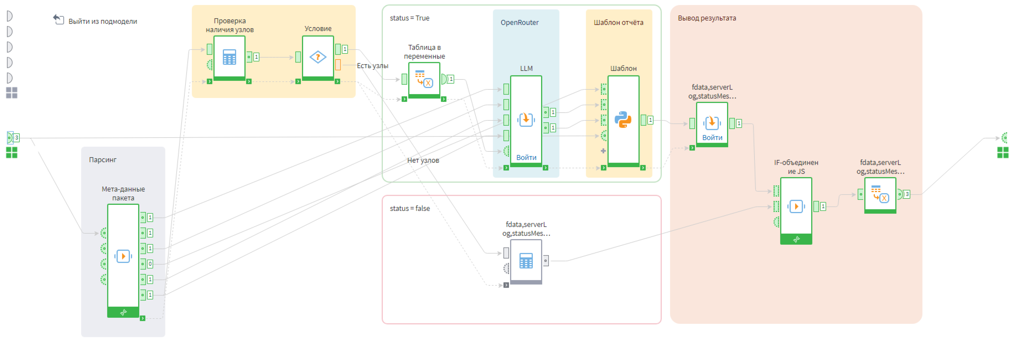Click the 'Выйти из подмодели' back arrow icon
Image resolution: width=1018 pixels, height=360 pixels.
click(58, 19)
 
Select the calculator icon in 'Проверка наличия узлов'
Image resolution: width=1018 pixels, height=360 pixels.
click(229, 57)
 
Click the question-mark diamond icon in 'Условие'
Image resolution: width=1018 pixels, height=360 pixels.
click(318, 57)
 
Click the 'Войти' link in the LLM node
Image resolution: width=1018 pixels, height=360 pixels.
click(526, 157)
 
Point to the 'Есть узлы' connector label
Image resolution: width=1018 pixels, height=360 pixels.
click(372, 66)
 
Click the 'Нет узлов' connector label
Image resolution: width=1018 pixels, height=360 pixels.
click(423, 160)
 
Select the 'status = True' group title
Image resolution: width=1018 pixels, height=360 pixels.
click(409, 18)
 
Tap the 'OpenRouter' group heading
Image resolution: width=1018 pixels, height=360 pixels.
click(519, 23)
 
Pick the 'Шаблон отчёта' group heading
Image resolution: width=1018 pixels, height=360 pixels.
click(618, 23)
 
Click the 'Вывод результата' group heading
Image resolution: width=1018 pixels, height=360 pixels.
click(707, 18)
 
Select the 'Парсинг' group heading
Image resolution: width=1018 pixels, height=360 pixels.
click(102, 160)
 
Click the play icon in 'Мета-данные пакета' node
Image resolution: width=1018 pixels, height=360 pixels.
click(123, 256)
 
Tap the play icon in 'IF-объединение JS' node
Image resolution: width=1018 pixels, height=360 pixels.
click(796, 206)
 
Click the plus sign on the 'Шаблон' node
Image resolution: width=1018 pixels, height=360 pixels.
click(603, 151)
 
